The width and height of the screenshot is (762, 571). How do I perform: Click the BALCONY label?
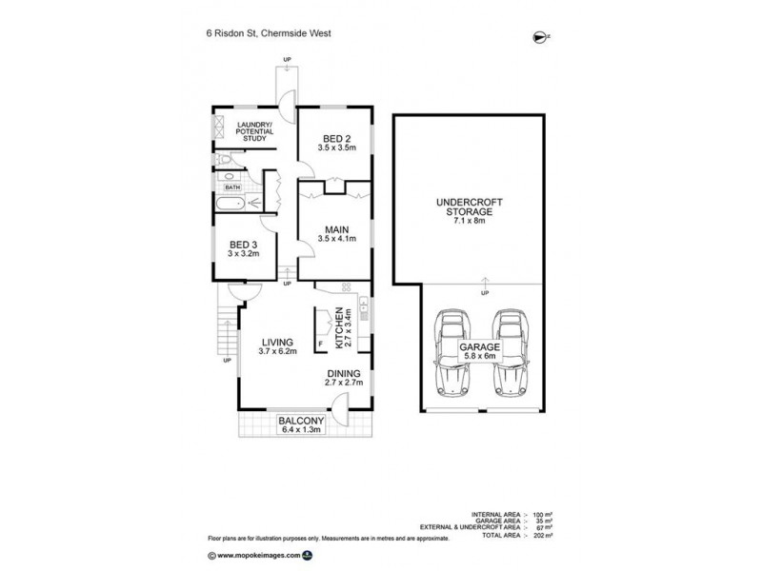click(301, 420)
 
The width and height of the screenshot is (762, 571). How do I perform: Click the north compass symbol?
click(540, 37)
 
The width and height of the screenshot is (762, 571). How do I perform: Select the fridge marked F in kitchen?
click(321, 343)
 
